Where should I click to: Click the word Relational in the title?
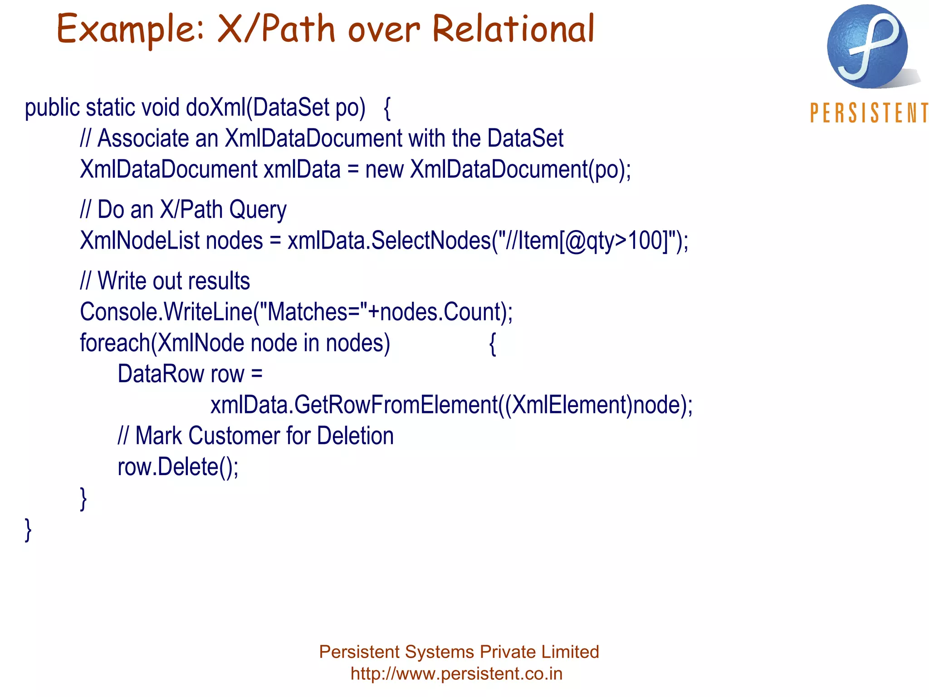point(513,29)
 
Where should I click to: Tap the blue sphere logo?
point(867,46)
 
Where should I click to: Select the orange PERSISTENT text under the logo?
point(869,113)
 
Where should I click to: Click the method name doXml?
point(215,108)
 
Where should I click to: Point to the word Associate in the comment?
point(143,138)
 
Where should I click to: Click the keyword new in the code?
point(384,170)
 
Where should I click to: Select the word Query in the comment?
point(258,210)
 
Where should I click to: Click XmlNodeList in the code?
point(139,241)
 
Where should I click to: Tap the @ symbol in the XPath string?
point(576,241)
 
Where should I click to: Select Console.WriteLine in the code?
point(166,312)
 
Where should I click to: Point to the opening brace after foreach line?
point(493,344)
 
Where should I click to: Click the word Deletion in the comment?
point(355,436)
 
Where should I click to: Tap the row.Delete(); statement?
point(178,467)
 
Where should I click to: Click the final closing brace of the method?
point(28,530)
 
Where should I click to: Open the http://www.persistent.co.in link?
point(456,674)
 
